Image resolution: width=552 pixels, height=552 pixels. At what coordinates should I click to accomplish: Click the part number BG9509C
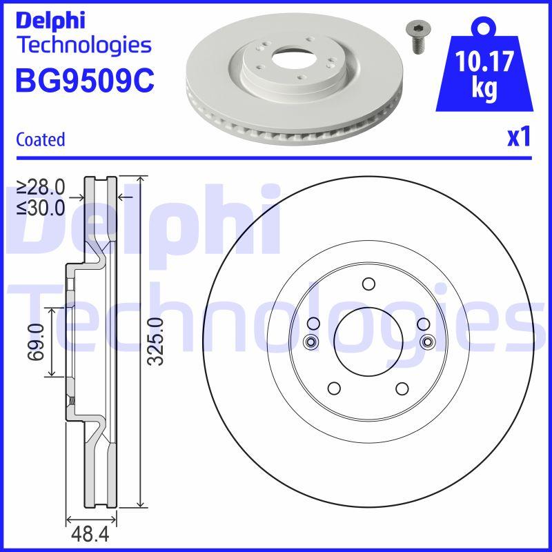coord(84,80)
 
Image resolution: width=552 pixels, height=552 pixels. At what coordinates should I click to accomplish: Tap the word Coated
coord(40,139)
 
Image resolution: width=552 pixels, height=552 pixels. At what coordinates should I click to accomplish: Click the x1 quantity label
coord(518,138)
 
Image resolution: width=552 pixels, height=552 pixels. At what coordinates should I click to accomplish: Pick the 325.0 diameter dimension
coord(156,342)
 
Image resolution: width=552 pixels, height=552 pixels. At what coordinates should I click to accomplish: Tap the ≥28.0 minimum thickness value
coord(41,187)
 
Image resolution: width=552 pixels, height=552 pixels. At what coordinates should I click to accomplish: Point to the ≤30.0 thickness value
coord(41,206)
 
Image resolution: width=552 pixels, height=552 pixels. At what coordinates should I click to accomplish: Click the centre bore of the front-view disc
coord(367,340)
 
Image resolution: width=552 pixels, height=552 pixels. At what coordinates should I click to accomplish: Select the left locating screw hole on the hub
coord(309,341)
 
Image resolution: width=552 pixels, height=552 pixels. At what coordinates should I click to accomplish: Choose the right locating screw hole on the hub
coord(426,341)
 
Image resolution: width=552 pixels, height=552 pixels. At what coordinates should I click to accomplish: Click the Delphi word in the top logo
coord(50,20)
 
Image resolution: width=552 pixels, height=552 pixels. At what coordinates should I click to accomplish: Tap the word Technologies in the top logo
coord(83,46)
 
